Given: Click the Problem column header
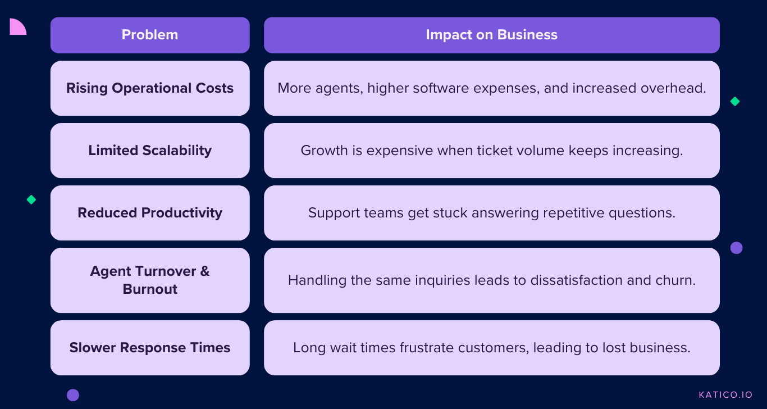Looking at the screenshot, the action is click(x=150, y=35).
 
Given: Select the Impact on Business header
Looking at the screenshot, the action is click(x=492, y=35).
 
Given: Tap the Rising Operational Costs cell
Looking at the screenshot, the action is click(x=150, y=88).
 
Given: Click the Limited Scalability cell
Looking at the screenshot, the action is click(x=150, y=151).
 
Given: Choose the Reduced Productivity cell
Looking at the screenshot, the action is click(x=150, y=213).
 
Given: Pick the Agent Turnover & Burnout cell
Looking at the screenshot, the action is click(x=150, y=280).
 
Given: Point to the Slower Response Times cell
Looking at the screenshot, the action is click(x=150, y=348).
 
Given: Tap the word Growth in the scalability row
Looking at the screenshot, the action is click(x=325, y=151).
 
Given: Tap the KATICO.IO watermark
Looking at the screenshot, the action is click(x=725, y=395).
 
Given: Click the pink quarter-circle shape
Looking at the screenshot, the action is click(x=17, y=28).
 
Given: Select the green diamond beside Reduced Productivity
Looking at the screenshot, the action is click(x=31, y=199).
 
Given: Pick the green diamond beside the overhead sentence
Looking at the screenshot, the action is click(x=735, y=101).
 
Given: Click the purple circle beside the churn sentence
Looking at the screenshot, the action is click(x=736, y=248).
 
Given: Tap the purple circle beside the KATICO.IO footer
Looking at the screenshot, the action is click(x=73, y=395).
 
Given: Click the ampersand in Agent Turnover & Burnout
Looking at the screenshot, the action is click(x=205, y=271).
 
